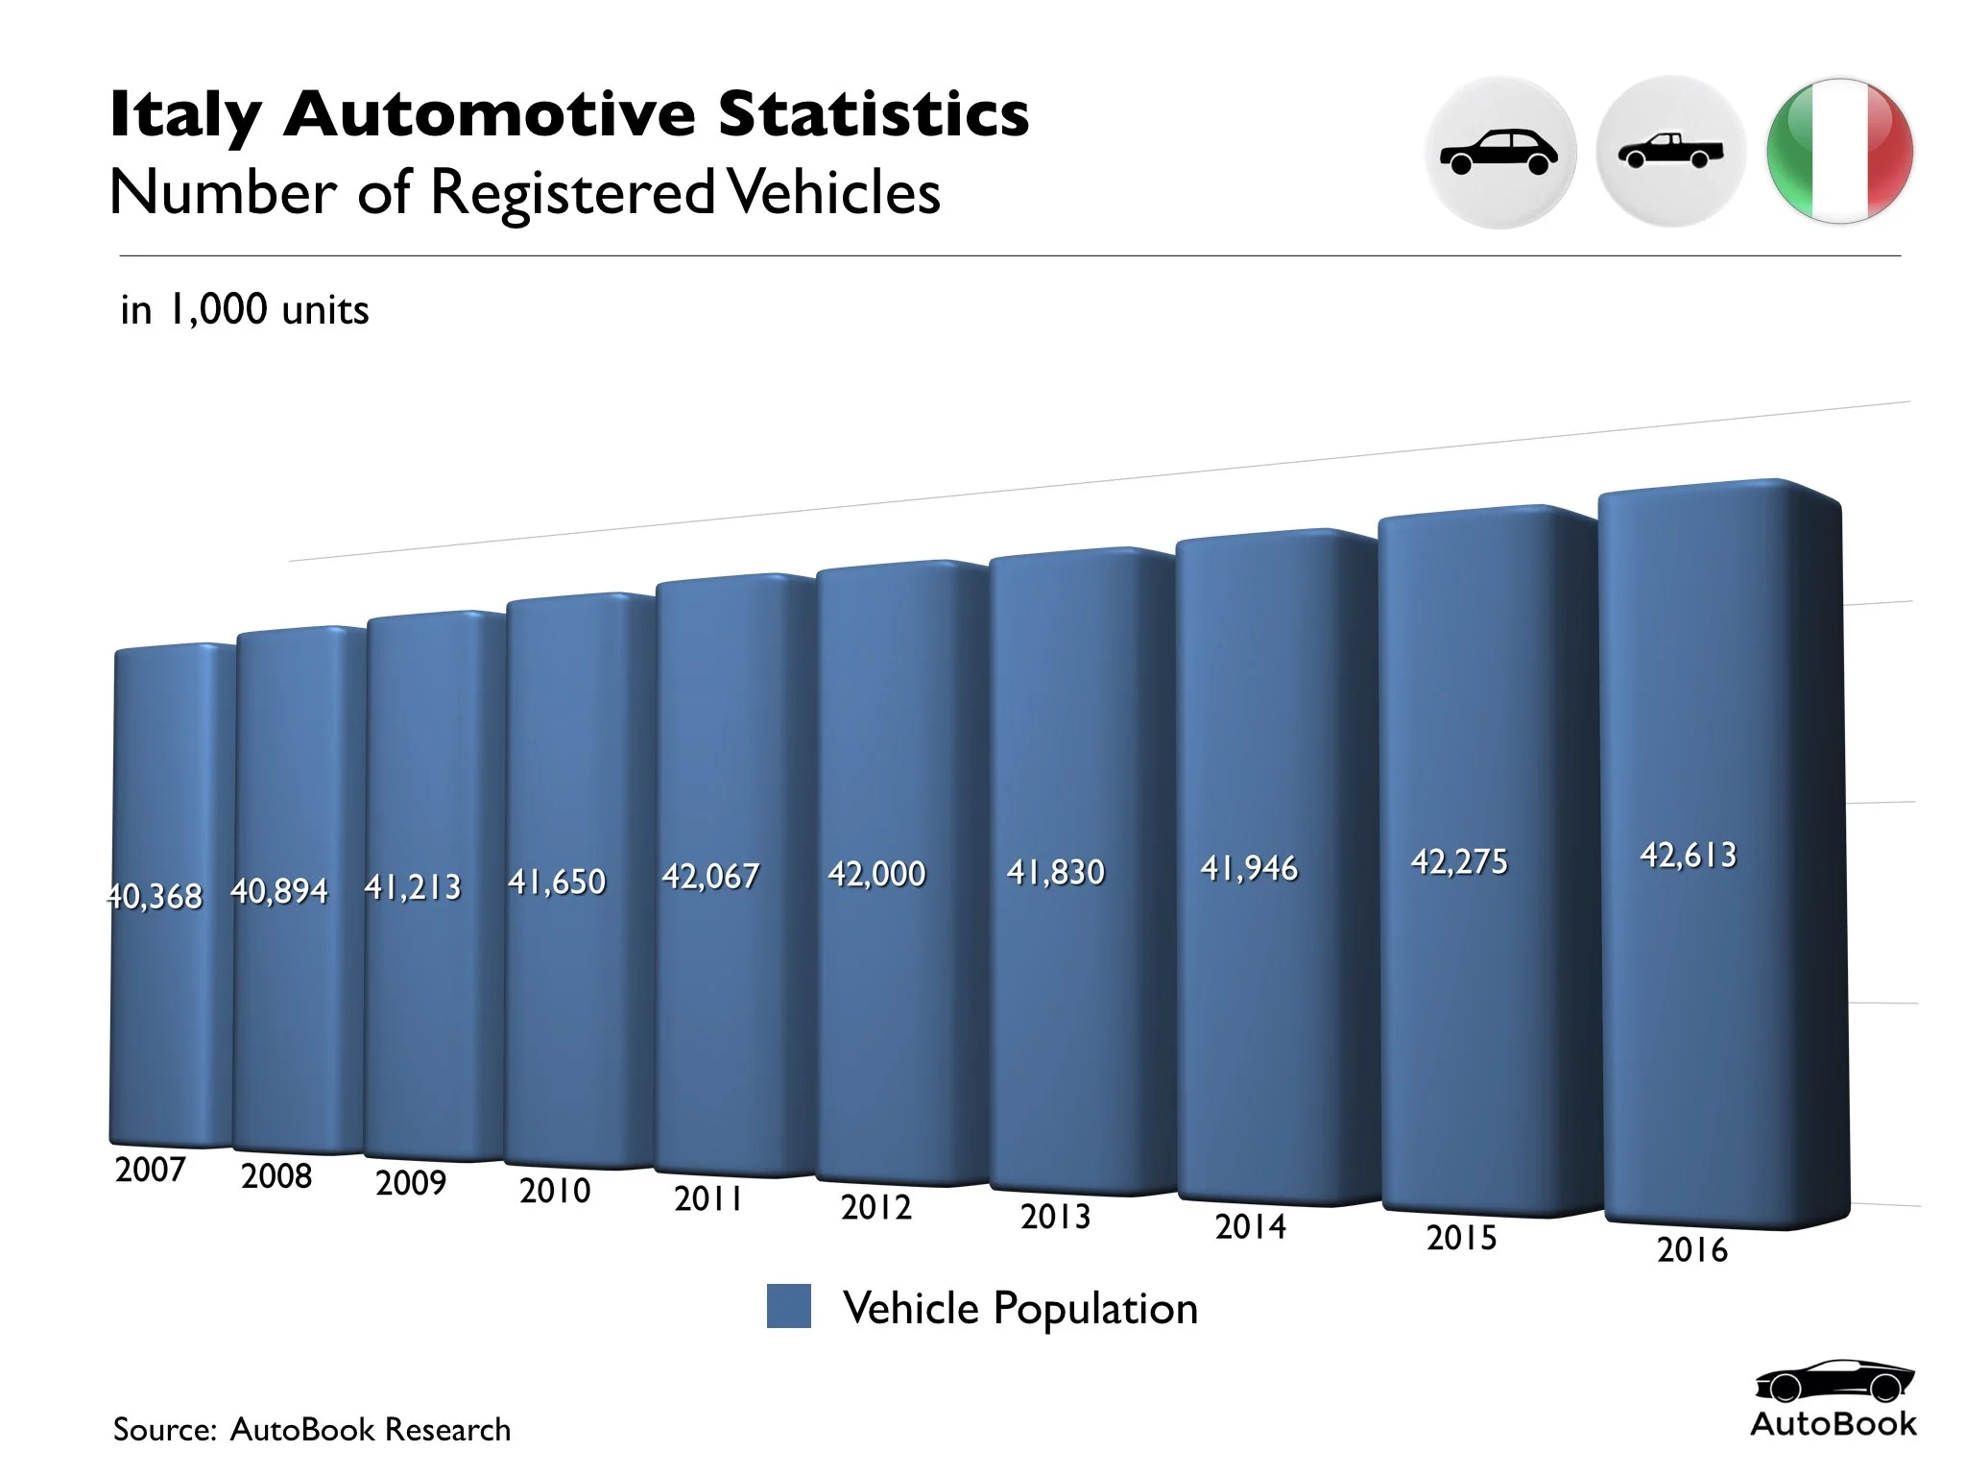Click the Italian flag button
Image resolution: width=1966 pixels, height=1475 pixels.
(1839, 152)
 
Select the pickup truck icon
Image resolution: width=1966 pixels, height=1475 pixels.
(1670, 152)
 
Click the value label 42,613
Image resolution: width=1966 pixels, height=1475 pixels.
(1688, 855)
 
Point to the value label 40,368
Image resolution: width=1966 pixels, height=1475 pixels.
(155, 896)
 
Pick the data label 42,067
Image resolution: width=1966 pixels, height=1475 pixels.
(710, 876)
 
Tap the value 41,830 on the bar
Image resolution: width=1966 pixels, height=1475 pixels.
(1055, 872)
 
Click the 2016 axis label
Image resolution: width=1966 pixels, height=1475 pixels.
(1691, 1249)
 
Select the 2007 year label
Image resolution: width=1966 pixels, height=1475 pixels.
(150, 1170)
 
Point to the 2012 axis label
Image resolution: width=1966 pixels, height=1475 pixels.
(875, 1207)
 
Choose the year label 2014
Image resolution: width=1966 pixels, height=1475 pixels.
(1250, 1226)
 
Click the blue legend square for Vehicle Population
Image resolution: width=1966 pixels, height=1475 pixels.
(788, 1307)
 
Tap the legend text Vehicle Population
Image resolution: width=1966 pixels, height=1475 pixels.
(1019, 1308)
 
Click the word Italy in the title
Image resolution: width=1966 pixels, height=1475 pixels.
(185, 115)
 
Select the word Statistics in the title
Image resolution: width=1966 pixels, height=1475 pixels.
(874, 113)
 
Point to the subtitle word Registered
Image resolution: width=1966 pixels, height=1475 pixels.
(572, 193)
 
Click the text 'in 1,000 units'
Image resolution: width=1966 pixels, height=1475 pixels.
(245, 310)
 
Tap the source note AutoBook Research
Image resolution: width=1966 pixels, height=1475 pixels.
(370, 1429)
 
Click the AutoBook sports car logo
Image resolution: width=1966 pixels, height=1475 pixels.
(1833, 1383)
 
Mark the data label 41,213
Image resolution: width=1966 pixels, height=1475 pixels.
(412, 886)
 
